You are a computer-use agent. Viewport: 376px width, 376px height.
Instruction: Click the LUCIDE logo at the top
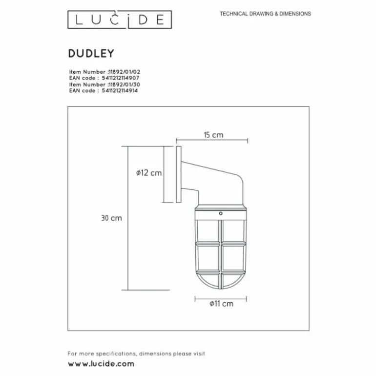pos(120,20)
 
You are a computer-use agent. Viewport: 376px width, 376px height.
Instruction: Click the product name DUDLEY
pos(91,53)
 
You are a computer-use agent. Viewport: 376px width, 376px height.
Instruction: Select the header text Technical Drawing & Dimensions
pos(265,14)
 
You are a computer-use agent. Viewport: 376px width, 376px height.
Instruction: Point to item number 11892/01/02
pos(124,72)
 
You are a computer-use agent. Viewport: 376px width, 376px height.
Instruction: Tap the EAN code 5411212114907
pos(121,78)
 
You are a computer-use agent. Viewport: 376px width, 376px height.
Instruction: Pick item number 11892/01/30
pos(124,84)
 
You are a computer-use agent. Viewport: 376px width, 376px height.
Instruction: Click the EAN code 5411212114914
pos(120,91)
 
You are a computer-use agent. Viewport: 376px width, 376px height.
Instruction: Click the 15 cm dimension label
pos(213,135)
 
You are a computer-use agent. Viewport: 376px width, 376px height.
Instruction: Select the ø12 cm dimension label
pos(149,173)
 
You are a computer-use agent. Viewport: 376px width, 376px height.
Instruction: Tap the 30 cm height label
pos(111,218)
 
